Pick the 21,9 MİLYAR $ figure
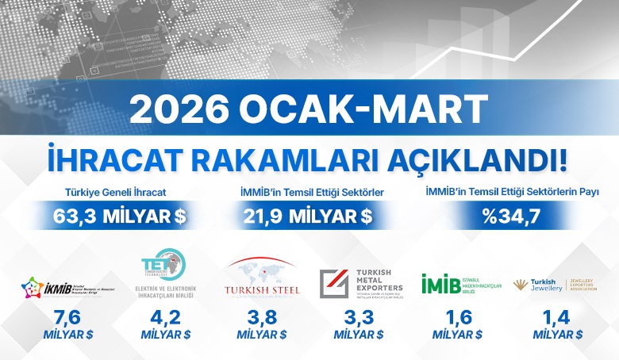[x=309, y=214]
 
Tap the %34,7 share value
[x=513, y=214]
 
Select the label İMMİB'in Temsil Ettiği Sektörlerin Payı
[x=512, y=192]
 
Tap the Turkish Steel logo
[x=262, y=280]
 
